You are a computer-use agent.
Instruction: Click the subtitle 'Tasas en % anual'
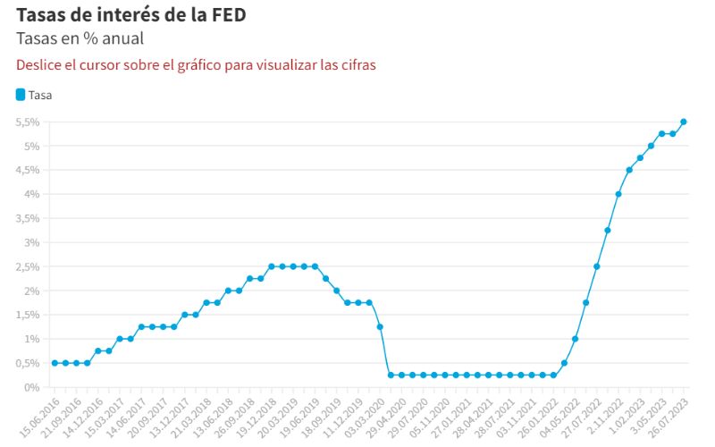tap(80, 38)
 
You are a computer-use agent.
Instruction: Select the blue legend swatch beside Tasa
tap(21, 94)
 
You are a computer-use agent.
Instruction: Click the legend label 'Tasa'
tap(40, 94)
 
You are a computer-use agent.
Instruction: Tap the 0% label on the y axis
tap(32, 387)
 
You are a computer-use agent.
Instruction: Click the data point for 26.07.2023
tap(683, 122)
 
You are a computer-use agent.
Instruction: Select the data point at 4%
tap(618, 194)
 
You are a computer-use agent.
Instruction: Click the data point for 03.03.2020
tap(380, 327)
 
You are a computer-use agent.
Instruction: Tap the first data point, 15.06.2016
tap(55, 363)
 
